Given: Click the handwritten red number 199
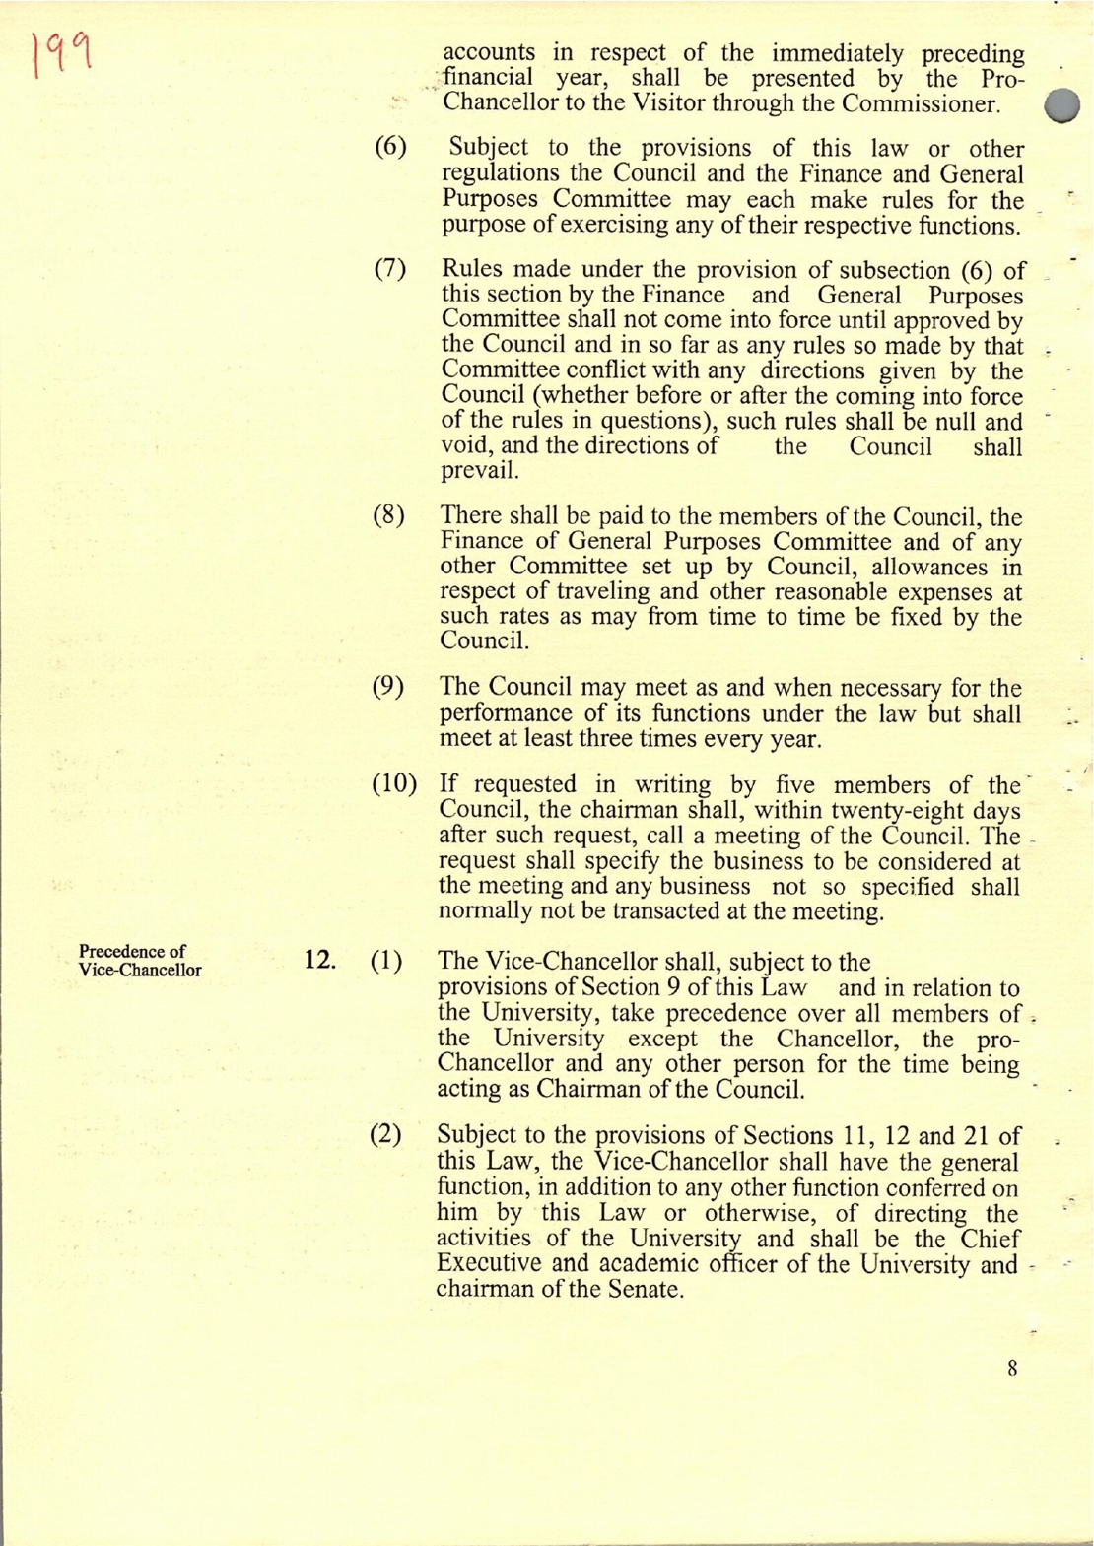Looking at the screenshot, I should [x=61, y=53].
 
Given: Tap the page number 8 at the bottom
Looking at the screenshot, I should [x=1012, y=1368].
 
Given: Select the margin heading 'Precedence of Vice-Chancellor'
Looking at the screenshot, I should [x=140, y=961].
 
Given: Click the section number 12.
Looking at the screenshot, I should [x=319, y=960].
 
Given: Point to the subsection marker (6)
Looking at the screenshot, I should [x=390, y=148].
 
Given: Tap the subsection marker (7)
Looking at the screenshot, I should [x=390, y=270].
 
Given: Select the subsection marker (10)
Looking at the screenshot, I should [x=393, y=784].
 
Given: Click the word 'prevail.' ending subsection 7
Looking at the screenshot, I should [x=479, y=471].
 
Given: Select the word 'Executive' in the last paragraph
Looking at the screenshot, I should [x=488, y=1264].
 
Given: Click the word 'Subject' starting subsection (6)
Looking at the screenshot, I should [x=488, y=149].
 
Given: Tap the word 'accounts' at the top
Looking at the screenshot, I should [x=489, y=53].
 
